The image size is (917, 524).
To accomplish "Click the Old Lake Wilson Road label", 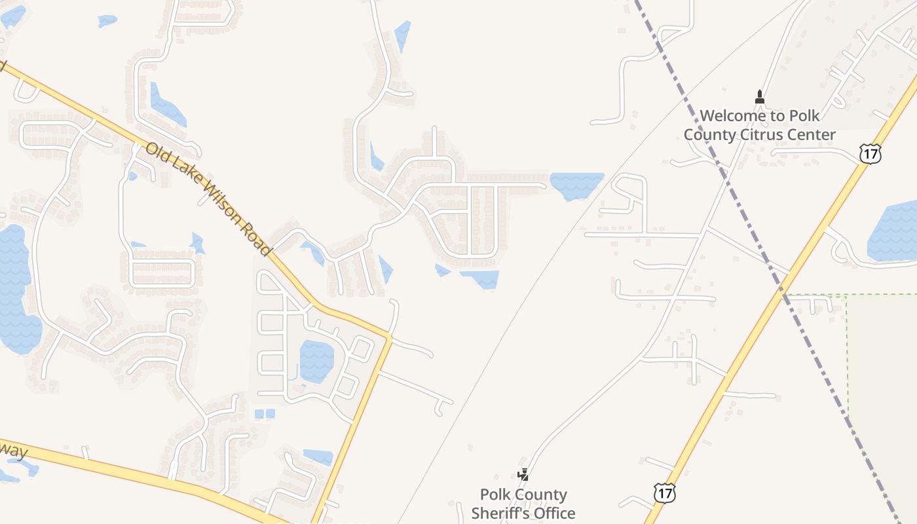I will tap(208, 200).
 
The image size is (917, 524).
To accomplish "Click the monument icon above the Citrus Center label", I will tap(760, 97).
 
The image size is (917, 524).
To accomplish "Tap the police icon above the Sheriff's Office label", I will tap(523, 474).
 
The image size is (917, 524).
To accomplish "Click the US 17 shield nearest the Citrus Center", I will tap(870, 153).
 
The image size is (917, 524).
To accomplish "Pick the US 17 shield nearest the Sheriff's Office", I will tap(664, 493).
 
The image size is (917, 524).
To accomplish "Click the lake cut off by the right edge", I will tap(894, 233).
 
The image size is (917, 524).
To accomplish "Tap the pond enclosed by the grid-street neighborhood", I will tap(317, 361).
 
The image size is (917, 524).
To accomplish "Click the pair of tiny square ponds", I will tap(265, 413).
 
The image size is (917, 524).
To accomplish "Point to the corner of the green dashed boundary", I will tap(847, 295).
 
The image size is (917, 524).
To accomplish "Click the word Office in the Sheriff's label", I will tap(552, 513).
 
